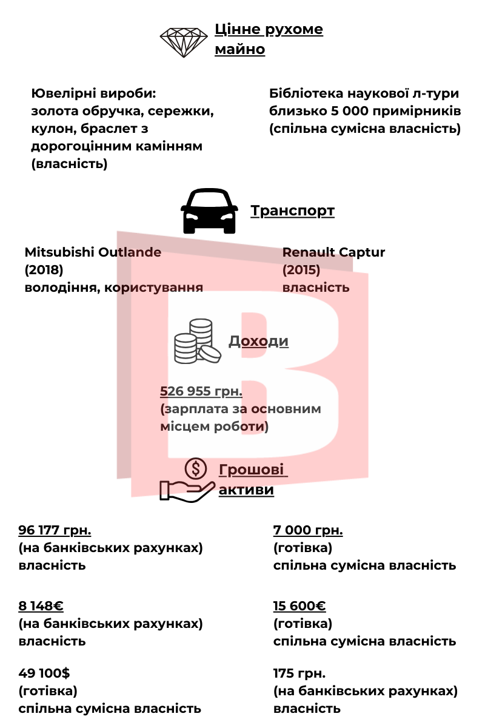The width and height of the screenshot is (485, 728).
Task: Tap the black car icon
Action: tap(208, 212)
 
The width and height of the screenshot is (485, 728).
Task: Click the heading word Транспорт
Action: tap(292, 211)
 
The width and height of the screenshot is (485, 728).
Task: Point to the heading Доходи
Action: tap(258, 341)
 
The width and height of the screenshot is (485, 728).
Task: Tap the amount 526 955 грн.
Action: tap(201, 391)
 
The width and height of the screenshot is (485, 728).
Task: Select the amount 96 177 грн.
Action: tap(55, 531)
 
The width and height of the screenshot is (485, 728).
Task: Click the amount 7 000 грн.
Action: tap(308, 531)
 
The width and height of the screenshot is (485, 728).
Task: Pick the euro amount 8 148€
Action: tap(41, 606)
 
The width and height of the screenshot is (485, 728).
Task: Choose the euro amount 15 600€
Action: tap(299, 606)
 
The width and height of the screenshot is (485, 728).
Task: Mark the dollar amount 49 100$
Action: tap(44, 673)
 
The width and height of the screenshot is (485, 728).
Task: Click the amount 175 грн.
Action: tap(299, 673)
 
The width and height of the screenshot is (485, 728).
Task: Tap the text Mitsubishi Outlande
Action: tap(93, 252)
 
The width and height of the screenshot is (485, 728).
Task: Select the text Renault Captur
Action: tap(333, 252)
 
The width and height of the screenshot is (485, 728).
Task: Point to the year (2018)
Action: tap(44, 269)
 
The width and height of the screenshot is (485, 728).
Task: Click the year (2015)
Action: tap(301, 269)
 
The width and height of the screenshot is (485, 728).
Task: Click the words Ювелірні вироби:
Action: tap(93, 94)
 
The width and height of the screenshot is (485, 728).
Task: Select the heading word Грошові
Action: tap(252, 470)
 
